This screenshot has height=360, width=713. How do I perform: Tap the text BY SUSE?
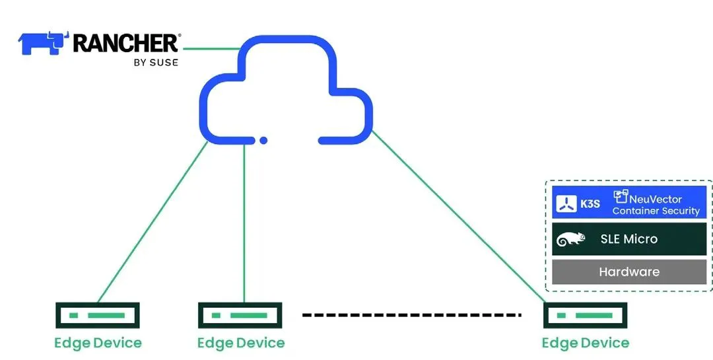(156, 63)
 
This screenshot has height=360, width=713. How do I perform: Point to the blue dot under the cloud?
(263, 140)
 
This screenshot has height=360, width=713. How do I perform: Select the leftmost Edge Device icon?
(98, 316)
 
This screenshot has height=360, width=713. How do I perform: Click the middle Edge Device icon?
(240, 316)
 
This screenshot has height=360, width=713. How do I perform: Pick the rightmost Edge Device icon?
(585, 316)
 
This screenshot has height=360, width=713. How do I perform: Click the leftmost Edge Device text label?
(98, 343)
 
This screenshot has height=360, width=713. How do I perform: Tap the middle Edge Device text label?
(241, 343)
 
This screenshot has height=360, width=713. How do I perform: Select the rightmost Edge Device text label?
(586, 343)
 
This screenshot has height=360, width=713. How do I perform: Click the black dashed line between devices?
(412, 315)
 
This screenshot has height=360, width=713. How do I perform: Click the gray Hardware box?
(629, 271)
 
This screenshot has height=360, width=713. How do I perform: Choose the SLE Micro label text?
(628, 239)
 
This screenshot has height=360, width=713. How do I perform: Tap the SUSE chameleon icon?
(571, 239)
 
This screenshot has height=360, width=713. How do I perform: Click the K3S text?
(590, 203)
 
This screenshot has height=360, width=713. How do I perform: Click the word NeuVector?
(656, 198)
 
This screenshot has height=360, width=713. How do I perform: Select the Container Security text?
(656, 211)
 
